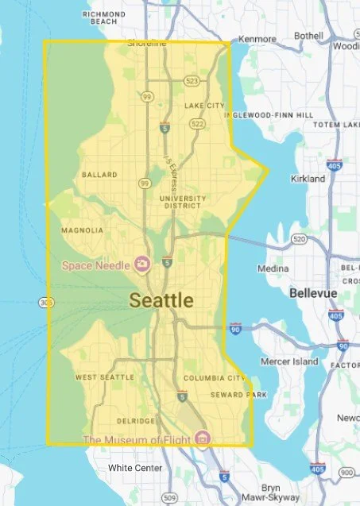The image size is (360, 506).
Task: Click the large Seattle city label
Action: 161,300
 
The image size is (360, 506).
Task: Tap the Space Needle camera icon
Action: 142,263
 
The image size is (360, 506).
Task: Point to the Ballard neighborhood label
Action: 99,174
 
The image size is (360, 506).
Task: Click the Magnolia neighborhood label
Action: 82,230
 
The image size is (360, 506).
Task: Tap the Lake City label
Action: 204,106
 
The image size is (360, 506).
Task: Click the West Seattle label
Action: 104,377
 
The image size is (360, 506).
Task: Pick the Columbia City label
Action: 215,378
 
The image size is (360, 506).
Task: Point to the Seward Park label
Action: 231,395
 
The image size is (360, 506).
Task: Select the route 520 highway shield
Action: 299,238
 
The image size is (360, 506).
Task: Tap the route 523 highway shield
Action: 192,81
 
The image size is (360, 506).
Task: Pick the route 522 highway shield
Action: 197,124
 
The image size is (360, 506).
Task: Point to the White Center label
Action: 135,468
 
